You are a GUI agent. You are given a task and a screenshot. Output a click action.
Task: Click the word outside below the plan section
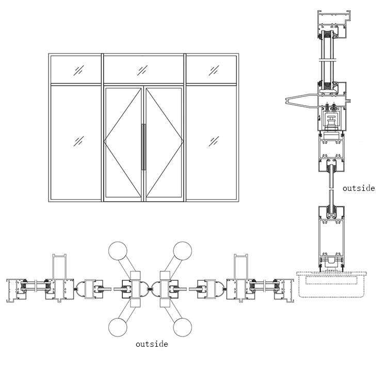(x=152, y=344)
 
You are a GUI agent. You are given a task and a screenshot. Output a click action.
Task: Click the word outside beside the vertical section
(x=359, y=188)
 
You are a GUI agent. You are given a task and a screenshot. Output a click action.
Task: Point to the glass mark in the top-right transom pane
(x=214, y=69)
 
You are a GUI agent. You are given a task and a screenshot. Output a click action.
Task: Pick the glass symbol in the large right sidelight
(x=214, y=140)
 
